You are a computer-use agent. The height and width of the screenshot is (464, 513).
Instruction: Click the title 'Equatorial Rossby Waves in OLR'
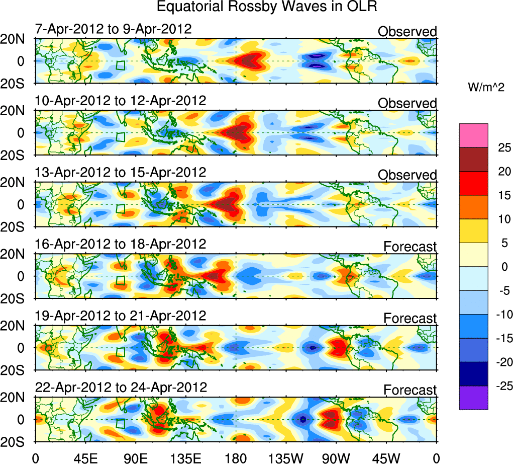click(267, 8)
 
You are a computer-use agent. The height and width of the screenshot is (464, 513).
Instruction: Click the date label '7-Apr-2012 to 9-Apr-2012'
click(113, 29)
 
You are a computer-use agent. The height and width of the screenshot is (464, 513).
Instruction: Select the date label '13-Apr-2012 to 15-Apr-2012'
click(121, 173)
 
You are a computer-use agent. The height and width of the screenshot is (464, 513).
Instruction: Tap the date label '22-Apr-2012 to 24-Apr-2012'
click(121, 388)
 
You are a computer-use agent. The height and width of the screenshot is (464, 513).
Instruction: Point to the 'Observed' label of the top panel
click(407, 32)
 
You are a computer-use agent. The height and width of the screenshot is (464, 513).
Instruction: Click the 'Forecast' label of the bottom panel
click(410, 390)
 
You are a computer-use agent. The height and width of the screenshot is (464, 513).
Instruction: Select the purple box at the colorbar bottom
click(473, 398)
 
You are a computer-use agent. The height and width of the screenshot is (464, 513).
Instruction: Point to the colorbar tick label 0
click(500, 267)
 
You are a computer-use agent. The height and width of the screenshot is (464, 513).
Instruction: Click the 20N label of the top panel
click(17, 40)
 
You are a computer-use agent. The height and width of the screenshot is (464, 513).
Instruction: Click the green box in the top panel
click(121, 65)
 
